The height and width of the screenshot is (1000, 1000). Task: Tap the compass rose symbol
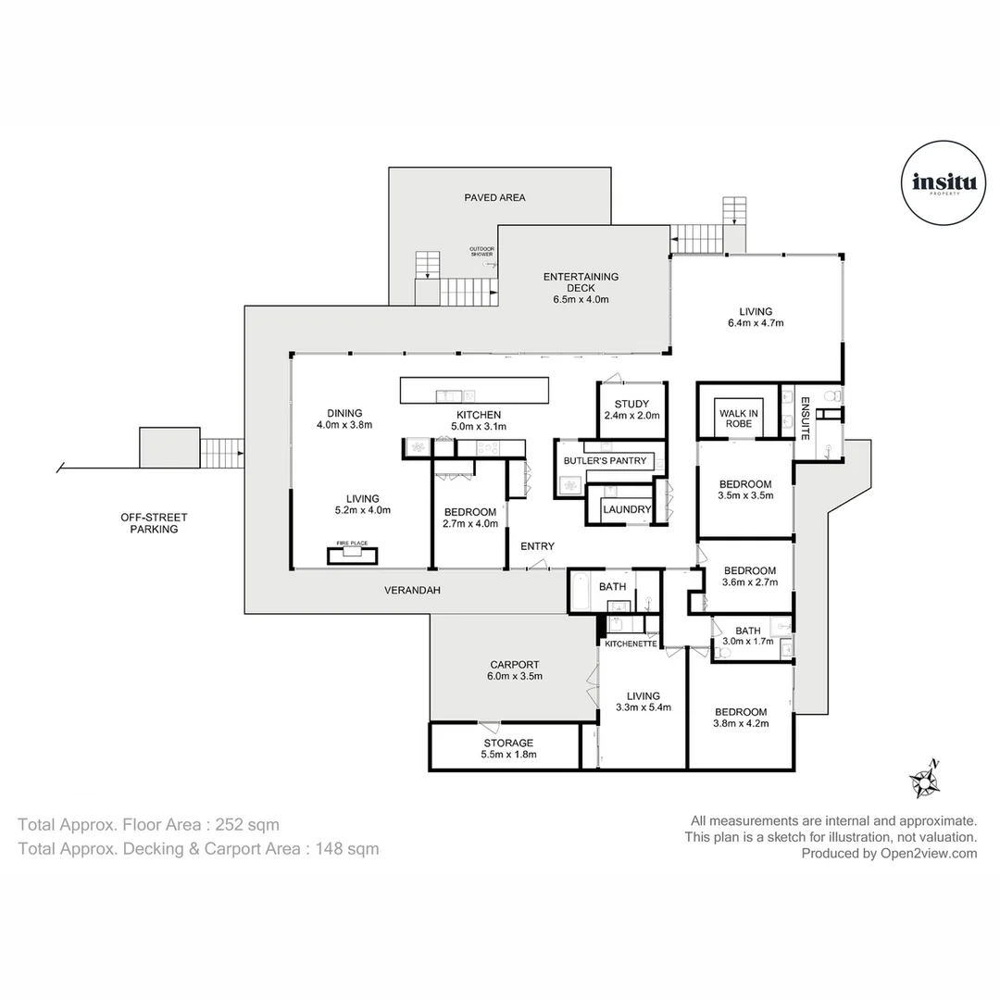tap(924, 781)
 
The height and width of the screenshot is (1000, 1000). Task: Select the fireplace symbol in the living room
tap(352, 554)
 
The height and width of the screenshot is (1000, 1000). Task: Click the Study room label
tap(631, 404)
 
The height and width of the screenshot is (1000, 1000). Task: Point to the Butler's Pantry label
tap(606, 460)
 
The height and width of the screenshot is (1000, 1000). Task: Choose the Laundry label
tap(627, 509)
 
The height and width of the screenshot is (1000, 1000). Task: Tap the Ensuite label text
tap(805, 417)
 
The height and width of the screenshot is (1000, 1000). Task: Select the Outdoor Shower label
tap(481, 251)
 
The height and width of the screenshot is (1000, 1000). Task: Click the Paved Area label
tap(494, 197)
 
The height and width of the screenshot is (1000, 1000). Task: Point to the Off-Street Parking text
tap(148, 523)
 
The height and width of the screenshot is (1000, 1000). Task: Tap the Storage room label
tap(508, 743)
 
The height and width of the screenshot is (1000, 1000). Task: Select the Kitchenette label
tap(631, 643)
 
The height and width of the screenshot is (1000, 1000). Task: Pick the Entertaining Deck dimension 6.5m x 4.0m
tap(581, 299)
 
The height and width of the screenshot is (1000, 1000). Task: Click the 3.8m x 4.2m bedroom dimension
tap(741, 724)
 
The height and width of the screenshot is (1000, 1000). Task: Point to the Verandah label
tap(410, 589)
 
